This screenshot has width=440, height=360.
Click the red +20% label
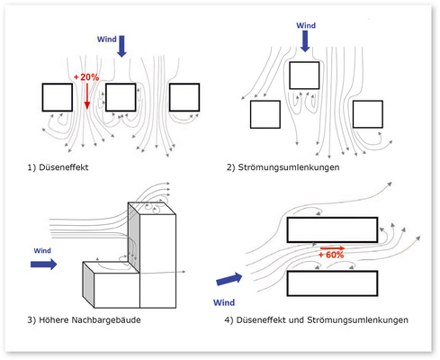(86, 77)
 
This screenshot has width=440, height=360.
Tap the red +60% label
(331, 255)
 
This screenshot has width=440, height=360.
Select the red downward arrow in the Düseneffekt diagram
(87, 96)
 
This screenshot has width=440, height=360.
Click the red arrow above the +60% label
(333, 248)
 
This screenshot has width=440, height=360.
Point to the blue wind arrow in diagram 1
(121, 46)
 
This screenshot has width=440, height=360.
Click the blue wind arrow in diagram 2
(305, 41)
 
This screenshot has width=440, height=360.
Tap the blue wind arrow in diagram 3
(44, 265)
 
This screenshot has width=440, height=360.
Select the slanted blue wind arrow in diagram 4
(229, 279)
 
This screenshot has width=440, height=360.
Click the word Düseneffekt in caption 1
(64, 167)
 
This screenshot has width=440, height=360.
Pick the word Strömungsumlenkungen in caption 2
(289, 167)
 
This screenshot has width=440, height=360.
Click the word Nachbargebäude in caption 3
(106, 320)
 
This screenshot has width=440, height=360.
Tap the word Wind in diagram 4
(224, 302)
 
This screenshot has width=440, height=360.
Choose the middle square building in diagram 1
(121, 97)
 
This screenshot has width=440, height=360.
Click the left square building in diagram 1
(58, 97)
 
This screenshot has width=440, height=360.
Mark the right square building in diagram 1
(184, 97)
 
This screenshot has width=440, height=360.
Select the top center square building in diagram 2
(304, 76)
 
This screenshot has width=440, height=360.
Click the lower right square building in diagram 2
(368, 114)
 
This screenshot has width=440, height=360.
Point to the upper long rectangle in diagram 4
(332, 229)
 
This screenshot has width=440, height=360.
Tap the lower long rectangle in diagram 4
(332, 283)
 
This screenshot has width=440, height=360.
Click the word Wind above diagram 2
(306, 25)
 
